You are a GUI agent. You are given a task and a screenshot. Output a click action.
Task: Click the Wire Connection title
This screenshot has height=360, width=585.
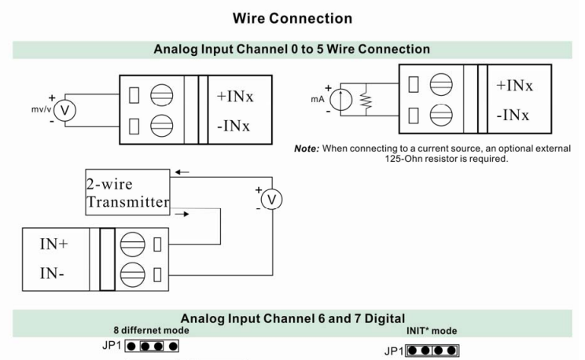[292, 17]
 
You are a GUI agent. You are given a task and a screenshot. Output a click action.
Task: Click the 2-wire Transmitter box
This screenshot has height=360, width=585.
[128, 191]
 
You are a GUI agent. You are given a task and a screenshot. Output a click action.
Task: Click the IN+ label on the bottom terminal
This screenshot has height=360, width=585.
[53, 244]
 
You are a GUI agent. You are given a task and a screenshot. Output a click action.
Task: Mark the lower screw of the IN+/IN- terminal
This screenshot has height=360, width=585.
[130, 274]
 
